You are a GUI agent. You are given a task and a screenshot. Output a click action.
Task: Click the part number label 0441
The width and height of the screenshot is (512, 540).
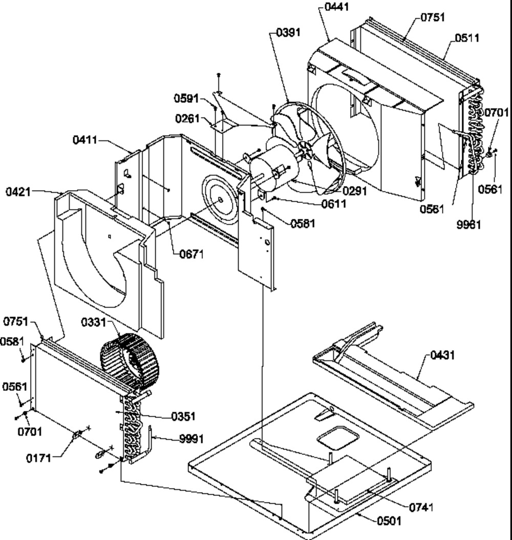tap(337, 7)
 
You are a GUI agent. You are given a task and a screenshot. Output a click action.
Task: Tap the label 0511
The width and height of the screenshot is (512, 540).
tap(467, 38)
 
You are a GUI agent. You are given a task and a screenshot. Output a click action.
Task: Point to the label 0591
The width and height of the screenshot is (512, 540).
tap(186, 98)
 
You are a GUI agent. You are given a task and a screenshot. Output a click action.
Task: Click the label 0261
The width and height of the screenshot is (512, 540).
tap(187, 118)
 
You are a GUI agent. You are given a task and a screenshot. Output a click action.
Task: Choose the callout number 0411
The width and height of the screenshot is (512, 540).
tap(85, 140)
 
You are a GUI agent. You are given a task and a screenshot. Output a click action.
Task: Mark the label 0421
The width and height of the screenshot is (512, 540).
tap(18, 192)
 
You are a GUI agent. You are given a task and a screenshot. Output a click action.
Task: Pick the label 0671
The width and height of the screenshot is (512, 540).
tap(191, 255)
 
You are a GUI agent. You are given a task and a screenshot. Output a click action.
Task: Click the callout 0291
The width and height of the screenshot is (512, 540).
tap(354, 191)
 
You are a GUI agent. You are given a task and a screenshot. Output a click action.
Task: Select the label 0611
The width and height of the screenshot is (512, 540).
tap(334, 204)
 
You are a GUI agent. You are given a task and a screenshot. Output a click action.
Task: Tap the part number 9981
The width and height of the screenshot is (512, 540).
tap(468, 224)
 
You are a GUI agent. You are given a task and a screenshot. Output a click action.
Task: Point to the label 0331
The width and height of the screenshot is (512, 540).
tap(94, 323)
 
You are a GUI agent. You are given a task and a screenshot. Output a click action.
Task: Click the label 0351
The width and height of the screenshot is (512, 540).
tap(183, 417)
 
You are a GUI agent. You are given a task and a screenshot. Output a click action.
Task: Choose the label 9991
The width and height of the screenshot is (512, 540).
tap(191, 439)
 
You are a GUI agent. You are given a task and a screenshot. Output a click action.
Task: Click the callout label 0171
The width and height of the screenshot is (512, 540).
tap(38, 459)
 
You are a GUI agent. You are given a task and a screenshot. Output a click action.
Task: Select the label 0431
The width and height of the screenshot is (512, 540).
tap(442, 355)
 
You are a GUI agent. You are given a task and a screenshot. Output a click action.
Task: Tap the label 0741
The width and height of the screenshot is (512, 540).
tap(421, 507)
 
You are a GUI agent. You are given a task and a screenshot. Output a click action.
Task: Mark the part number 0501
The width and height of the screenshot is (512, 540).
tap(389, 521)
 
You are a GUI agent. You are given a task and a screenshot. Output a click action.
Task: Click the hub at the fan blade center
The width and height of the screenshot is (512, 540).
tap(304, 150)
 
